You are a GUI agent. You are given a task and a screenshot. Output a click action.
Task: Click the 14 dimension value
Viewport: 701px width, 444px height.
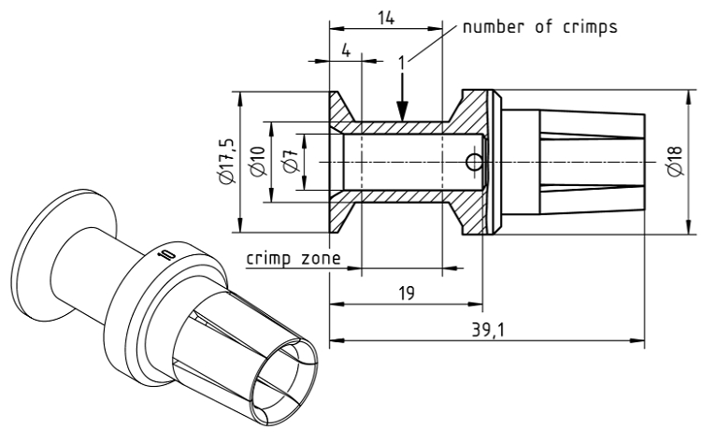tap(385, 17)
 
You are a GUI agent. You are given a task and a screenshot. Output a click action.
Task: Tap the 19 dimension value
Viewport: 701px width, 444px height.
tap(406, 293)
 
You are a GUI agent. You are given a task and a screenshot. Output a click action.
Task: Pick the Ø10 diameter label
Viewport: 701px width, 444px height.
tap(259, 162)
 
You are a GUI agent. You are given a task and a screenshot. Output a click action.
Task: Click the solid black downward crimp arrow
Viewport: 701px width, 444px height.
tap(400, 103)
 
